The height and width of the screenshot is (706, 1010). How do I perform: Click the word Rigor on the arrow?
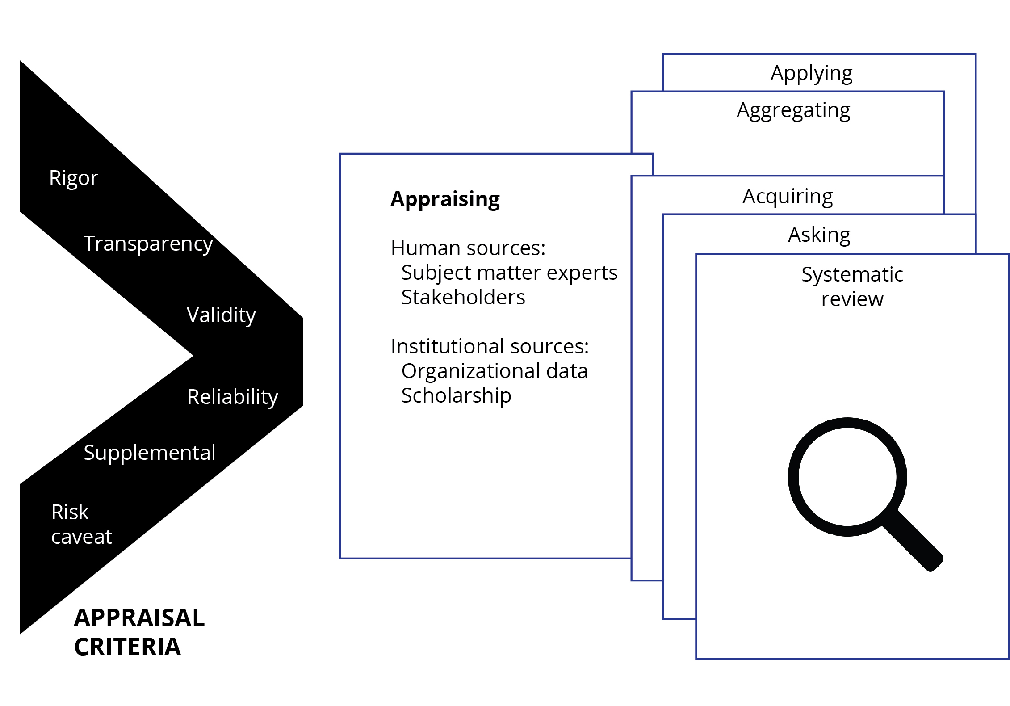coord(73,178)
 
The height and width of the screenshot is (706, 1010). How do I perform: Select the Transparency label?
coord(148,244)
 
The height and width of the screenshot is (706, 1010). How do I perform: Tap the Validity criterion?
coord(221,315)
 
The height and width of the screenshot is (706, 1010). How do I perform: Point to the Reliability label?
coord(232,397)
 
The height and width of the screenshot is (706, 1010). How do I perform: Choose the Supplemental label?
coord(150,453)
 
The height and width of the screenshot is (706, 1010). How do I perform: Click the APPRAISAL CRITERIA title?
coord(138,632)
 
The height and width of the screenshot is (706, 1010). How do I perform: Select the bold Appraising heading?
coord(445,199)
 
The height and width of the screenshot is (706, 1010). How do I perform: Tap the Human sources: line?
coord(468,248)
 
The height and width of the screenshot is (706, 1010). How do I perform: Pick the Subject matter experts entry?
coord(509,273)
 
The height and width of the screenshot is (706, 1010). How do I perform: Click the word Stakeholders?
coord(463,297)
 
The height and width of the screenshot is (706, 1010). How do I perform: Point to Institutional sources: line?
coord(489,346)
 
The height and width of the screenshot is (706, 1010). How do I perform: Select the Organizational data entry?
coord(494,371)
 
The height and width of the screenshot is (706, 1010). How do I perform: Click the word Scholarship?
coord(456,395)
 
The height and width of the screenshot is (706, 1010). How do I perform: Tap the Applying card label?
coord(811,73)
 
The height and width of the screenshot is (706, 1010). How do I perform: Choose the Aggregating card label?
coord(793,110)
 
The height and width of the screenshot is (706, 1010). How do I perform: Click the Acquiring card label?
coord(788,196)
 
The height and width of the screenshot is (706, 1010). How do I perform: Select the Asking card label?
coord(819,235)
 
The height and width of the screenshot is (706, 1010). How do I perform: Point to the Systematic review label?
coord(852,286)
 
